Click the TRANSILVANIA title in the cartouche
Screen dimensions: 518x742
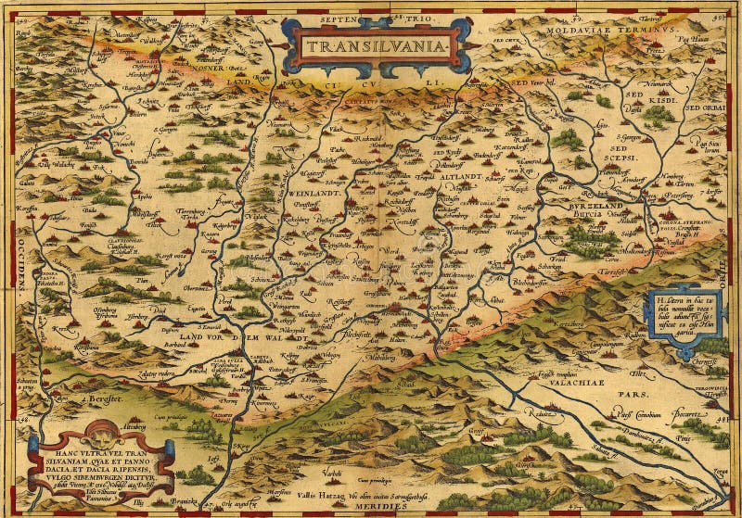tap(376, 44)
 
